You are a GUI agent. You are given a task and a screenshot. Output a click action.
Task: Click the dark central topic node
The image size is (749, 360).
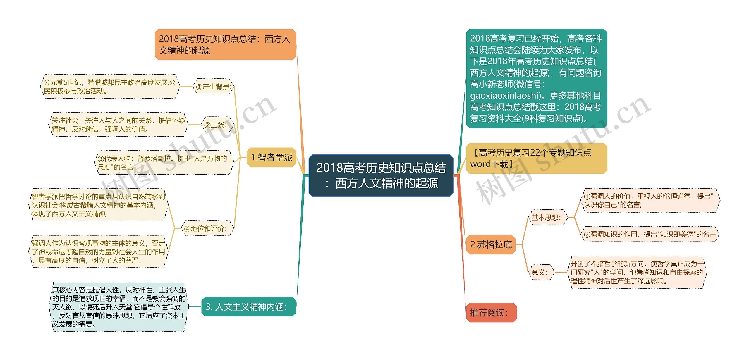[x=381, y=175]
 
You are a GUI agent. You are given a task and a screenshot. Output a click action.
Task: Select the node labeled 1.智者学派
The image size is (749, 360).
[x=272, y=158]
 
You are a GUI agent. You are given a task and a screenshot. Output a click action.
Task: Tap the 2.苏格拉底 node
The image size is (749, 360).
[x=491, y=244]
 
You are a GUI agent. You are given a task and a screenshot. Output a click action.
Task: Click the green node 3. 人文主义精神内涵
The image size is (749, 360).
[x=248, y=307]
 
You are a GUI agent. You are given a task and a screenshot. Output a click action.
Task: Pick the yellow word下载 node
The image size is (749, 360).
[x=536, y=159]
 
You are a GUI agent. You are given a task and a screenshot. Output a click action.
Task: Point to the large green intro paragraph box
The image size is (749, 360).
[x=536, y=78]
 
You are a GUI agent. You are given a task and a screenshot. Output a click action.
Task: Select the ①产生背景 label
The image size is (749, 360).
[x=213, y=87]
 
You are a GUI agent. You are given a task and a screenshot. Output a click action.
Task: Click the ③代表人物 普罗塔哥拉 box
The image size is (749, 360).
[x=164, y=163]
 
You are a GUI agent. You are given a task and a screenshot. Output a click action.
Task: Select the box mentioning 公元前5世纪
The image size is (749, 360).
[x=110, y=87]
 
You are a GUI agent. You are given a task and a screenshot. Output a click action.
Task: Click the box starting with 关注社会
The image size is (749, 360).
[x=118, y=125]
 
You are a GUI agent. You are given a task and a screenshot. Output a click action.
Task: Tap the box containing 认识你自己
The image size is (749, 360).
[x=650, y=200]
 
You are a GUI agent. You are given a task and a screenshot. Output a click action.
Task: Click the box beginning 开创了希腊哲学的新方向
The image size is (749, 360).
[x=637, y=272]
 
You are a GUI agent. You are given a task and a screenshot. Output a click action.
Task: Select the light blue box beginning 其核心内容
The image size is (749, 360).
[x=118, y=307]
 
